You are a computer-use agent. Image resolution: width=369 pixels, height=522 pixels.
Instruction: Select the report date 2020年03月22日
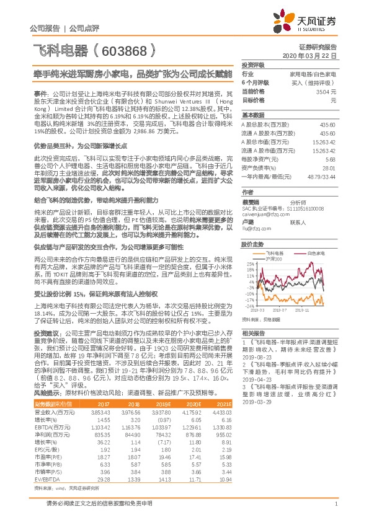pyautogui.click(x=313, y=55)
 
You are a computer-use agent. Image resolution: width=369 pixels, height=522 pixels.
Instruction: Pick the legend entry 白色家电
pyautogui.click(x=302, y=253)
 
